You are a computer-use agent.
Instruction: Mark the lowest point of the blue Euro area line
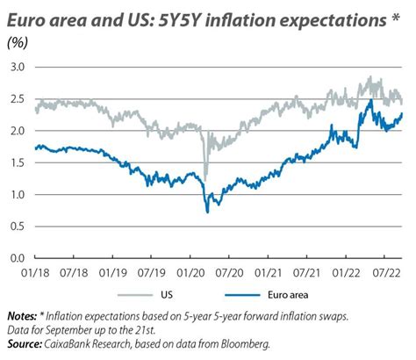(207, 212)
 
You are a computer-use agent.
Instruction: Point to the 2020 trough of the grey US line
(205, 175)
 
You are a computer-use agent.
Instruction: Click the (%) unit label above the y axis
(17, 43)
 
